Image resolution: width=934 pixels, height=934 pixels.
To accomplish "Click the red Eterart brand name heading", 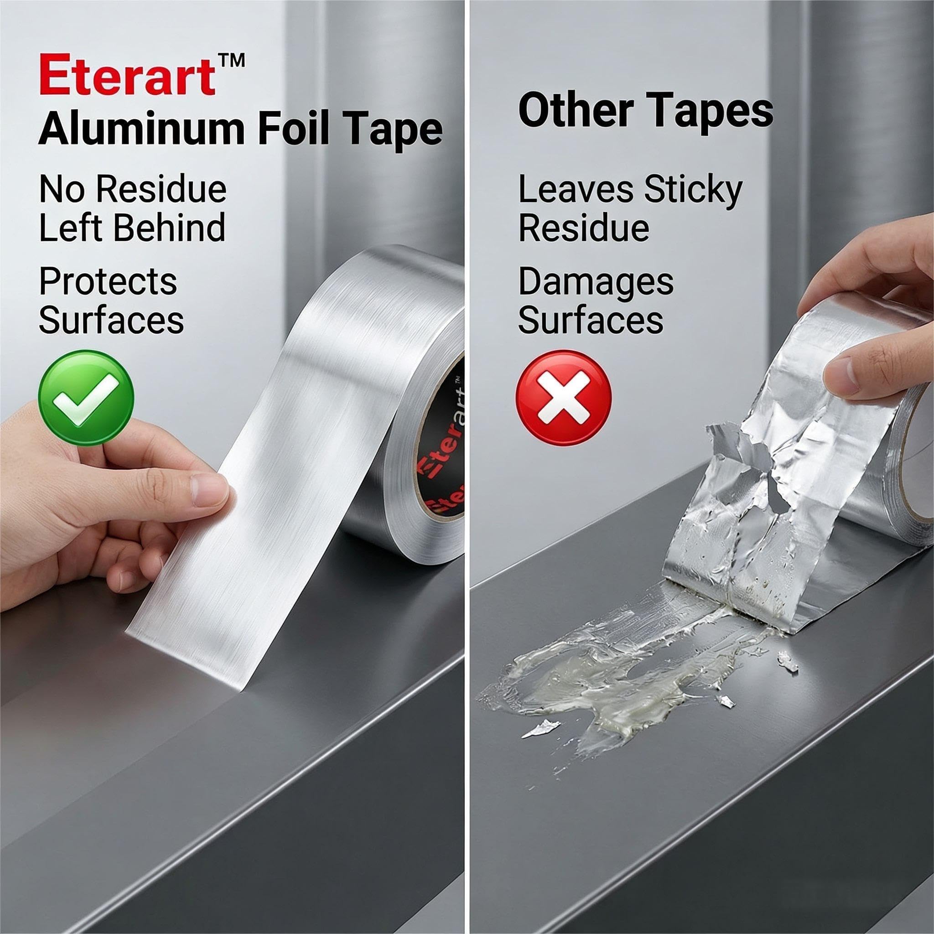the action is click(x=127, y=74).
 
